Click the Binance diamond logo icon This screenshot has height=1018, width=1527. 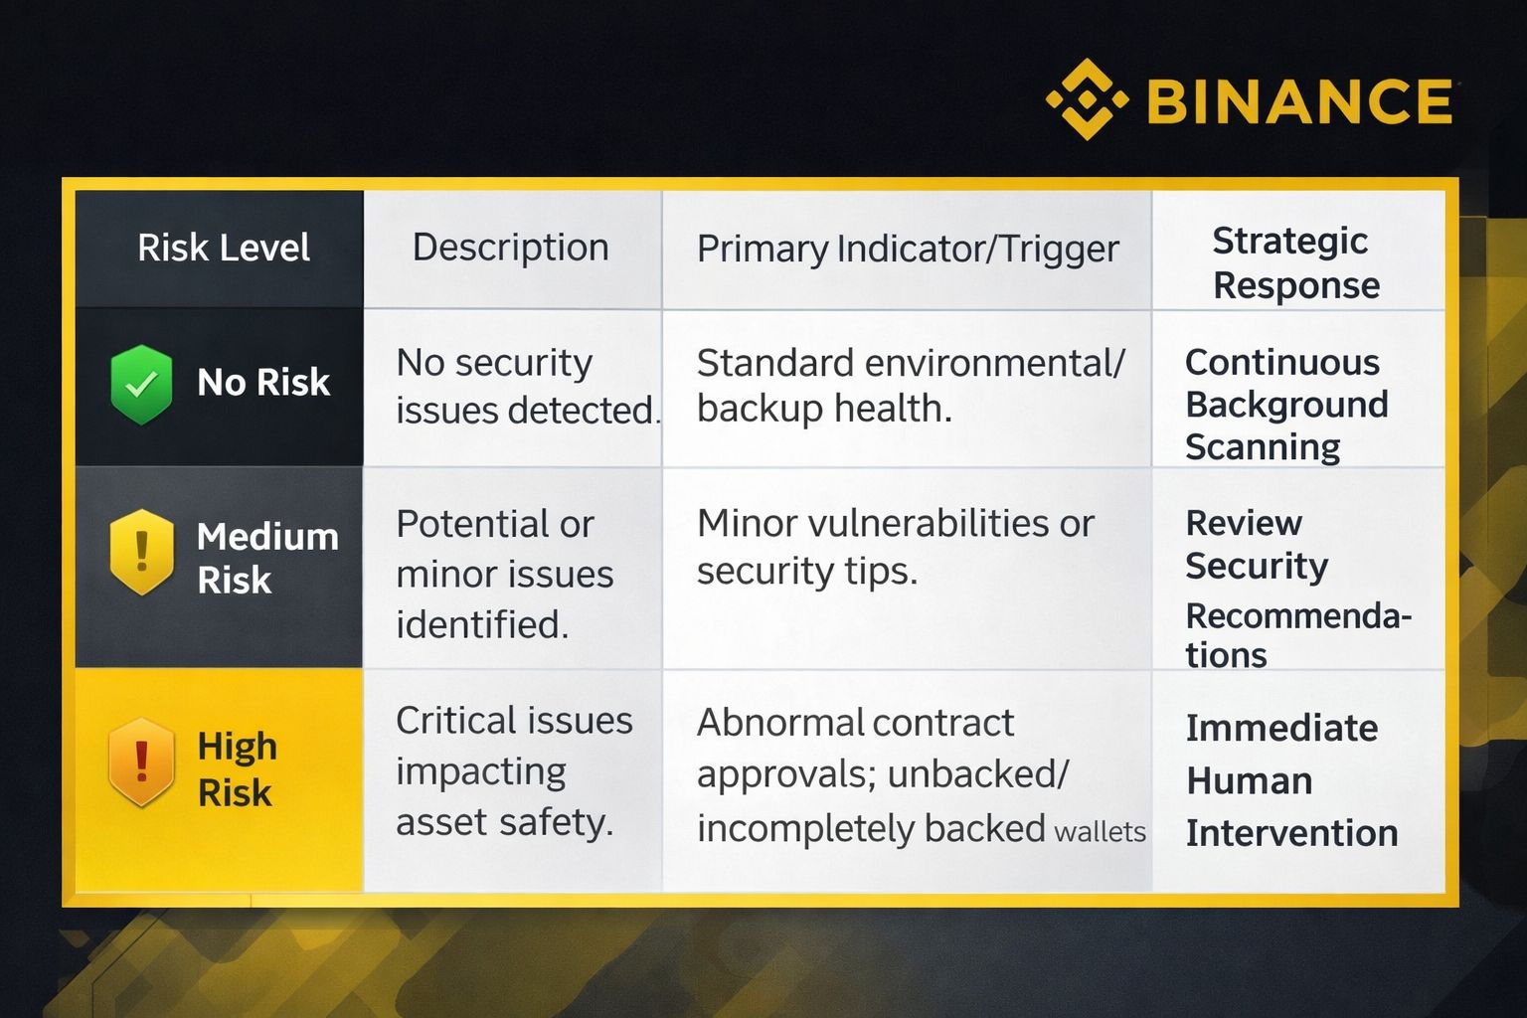[1087, 99]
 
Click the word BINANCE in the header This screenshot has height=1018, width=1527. [1300, 101]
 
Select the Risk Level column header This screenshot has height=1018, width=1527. [224, 247]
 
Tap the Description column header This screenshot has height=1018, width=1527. [511, 247]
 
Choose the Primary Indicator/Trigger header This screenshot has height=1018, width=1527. [908, 250]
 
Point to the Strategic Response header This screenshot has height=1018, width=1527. [1296, 262]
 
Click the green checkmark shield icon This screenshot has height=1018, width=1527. [141, 385]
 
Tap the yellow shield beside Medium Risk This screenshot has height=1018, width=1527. [141, 552]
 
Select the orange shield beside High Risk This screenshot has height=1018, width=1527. [141, 762]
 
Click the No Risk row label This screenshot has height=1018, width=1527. [263, 382]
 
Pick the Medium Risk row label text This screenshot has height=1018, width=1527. [267, 559]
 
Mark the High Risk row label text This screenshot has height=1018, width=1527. [238, 769]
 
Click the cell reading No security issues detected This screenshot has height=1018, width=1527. [528, 386]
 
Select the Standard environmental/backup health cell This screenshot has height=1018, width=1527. [911, 386]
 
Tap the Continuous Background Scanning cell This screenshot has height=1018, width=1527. [1286, 405]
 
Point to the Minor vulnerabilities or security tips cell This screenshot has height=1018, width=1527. [896, 547]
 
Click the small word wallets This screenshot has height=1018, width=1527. [1100, 832]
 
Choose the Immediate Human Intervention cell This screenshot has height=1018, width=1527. [1291, 780]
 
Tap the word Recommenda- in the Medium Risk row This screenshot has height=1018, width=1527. [1298, 615]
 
